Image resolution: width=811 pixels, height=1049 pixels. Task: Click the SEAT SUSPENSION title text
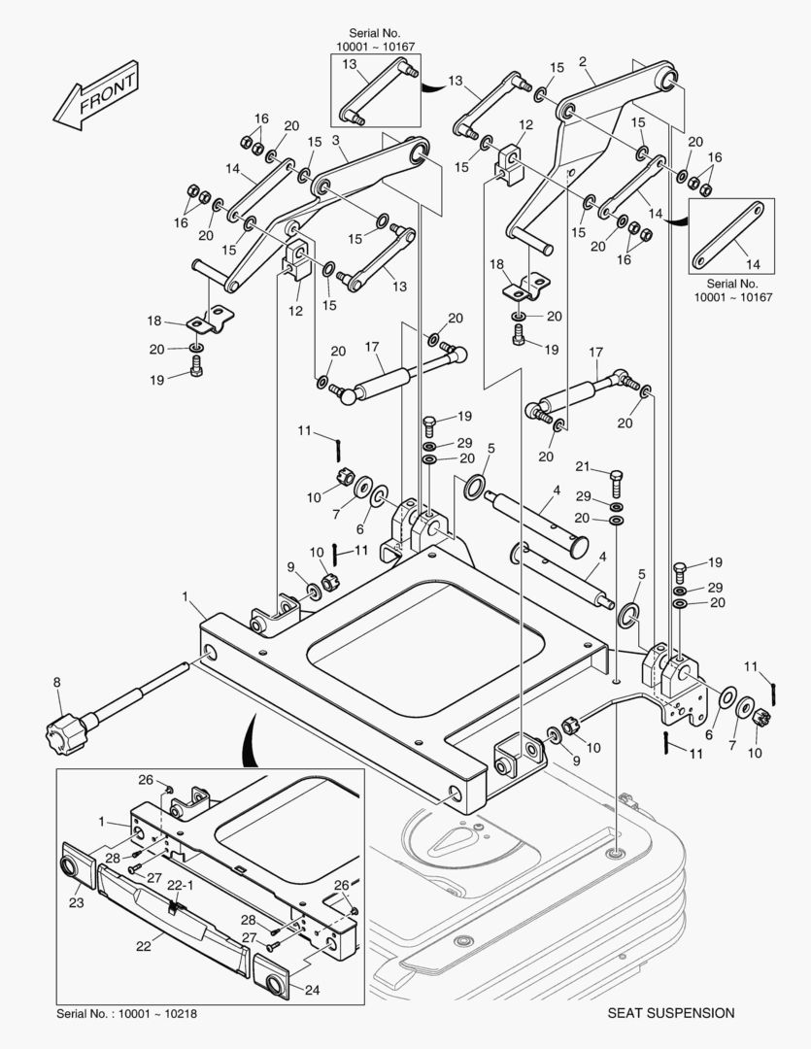click(670, 1013)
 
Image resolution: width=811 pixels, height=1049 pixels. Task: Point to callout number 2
click(583, 62)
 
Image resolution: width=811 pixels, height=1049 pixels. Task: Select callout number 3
click(335, 141)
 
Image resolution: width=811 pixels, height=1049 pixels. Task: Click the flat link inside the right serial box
click(731, 235)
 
